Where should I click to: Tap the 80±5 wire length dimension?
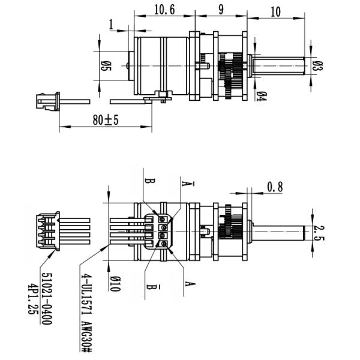click(x=106, y=120)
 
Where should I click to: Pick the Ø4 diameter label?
click(x=262, y=95)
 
